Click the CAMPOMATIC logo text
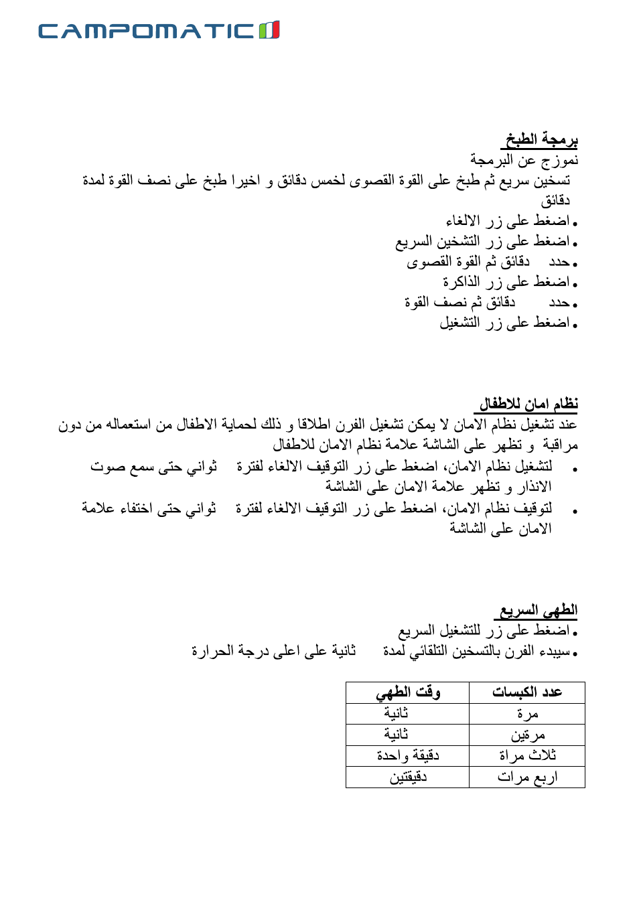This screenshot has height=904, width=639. click(146, 31)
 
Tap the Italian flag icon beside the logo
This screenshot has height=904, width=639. click(269, 30)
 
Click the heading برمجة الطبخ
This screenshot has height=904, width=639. click(541, 139)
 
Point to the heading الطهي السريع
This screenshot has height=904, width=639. click(538, 610)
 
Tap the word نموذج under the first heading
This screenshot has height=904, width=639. click(560, 160)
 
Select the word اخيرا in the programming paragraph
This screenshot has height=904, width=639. click(244, 180)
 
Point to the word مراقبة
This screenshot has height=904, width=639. click(560, 445)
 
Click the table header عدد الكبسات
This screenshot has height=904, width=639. click(527, 692)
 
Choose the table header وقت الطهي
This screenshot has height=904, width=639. click(408, 692)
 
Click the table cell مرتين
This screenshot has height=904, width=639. click(528, 735)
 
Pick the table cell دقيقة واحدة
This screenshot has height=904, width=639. click(408, 756)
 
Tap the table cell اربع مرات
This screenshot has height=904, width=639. click(527, 777)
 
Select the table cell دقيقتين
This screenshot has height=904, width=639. click(408, 777)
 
